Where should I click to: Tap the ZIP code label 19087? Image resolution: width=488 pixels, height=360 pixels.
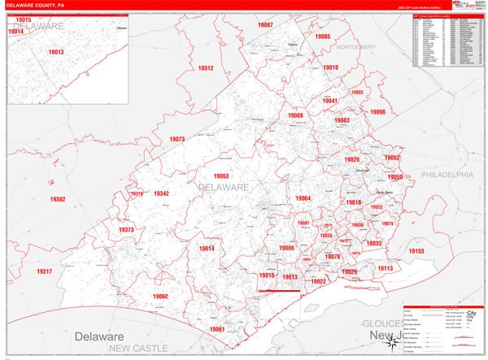[x=265, y=26]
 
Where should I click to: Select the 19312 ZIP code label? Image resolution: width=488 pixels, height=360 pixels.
[x=205, y=68]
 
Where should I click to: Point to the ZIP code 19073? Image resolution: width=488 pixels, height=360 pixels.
[x=177, y=139]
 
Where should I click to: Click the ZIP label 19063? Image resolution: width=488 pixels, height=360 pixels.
[x=221, y=176]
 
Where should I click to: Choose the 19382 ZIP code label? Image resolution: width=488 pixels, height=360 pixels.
[x=57, y=199]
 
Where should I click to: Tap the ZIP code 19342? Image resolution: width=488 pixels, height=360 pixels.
[x=161, y=193]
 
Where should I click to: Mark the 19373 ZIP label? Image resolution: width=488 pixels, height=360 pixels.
[x=126, y=230]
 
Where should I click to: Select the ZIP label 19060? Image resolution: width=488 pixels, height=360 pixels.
[x=159, y=297]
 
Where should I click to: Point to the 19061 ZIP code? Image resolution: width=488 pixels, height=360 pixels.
[x=216, y=329]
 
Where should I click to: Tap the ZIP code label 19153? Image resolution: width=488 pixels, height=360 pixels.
[x=416, y=252]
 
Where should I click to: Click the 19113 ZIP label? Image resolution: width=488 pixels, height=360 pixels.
[x=385, y=268]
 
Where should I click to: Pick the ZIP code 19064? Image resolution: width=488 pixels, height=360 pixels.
[x=303, y=198]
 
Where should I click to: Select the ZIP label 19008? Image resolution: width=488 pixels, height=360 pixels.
[x=295, y=116]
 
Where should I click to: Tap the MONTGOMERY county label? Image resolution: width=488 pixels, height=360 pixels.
[x=356, y=47]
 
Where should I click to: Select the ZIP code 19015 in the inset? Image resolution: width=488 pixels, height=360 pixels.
[x=24, y=20]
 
